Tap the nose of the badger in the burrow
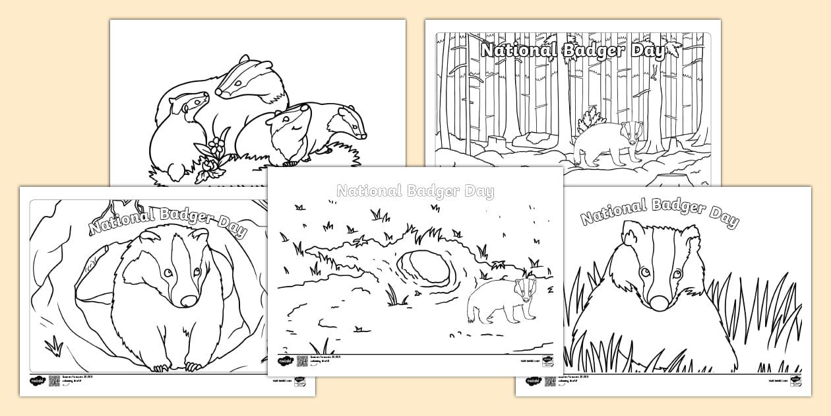coord(188,301)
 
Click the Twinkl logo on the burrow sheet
coord(37,381)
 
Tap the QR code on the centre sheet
coord(302,361)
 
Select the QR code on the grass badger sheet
coord(549,381)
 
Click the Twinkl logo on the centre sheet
coord(285,361)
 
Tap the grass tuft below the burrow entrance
coord(53,344)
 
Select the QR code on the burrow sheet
coord(54,381)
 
